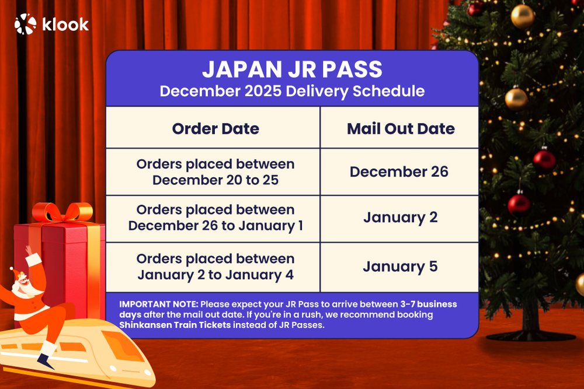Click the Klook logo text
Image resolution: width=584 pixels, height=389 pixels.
tap(65, 24)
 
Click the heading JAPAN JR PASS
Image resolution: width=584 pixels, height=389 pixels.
tap(292, 69)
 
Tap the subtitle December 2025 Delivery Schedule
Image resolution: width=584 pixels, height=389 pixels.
tap(292, 91)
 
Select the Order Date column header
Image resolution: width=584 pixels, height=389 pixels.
tap(215, 128)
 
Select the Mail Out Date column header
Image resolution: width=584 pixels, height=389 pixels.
tap(400, 128)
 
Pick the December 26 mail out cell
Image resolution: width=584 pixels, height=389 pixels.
tap(399, 171)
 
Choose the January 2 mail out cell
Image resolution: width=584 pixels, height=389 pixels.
tap(400, 218)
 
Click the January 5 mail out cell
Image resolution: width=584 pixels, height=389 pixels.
tap(400, 267)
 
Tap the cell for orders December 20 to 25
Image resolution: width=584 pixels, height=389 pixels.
tap(215, 172)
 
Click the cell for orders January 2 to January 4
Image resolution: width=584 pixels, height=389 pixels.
tap(215, 266)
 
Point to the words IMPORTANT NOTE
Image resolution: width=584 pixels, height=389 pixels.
tap(153, 304)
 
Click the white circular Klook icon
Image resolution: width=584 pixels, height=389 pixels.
tap(25, 24)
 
